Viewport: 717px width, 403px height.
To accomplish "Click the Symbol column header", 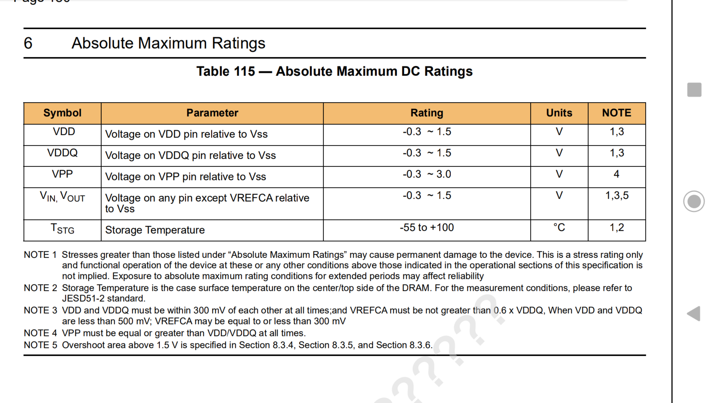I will coord(62,113).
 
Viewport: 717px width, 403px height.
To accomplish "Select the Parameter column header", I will coord(212,113).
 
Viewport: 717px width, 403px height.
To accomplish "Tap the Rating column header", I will coord(427,113).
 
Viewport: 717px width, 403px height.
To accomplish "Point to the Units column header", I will coord(559,113).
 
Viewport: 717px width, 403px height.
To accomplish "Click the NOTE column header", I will coord(617,113).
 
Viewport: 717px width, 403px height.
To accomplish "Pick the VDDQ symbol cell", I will coord(62,153).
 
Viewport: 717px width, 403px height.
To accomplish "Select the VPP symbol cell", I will coord(62,174).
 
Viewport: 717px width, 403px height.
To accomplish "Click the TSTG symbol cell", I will coord(62,229).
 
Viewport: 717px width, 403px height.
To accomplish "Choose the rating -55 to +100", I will coord(427,227).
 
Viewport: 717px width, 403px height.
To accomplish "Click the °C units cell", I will coord(559,227).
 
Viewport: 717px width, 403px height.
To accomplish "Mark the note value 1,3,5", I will coord(617,196).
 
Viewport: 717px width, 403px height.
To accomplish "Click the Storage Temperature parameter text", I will coord(155,230).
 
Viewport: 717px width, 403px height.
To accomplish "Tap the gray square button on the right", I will coord(694,90).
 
